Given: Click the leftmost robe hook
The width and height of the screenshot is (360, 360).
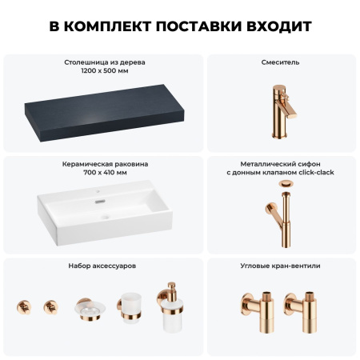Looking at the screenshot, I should (23, 307).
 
